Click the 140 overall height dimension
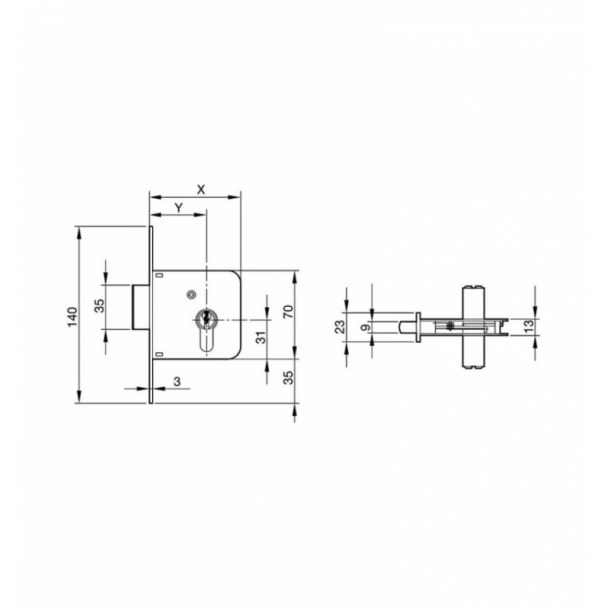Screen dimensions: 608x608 pyautogui.click(x=71, y=315)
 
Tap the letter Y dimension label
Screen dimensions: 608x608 pyautogui.click(x=178, y=207)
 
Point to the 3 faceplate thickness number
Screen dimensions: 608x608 pyautogui.click(x=176, y=381)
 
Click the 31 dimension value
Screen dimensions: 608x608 pyautogui.click(x=260, y=337)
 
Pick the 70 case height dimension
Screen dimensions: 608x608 pyautogui.click(x=289, y=310)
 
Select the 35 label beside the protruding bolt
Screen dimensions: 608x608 pyautogui.click(x=99, y=306)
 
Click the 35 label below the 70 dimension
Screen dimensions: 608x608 pyautogui.click(x=289, y=378)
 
